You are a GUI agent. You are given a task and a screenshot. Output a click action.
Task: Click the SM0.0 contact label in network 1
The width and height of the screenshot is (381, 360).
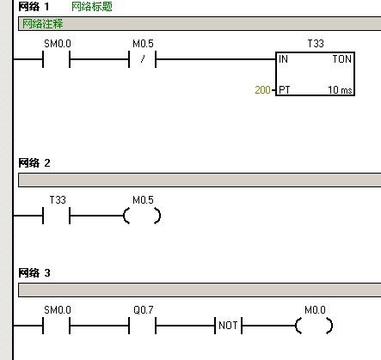pyautogui.click(x=58, y=44)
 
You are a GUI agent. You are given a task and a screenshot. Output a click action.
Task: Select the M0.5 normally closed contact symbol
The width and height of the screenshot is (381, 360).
pyautogui.click(x=143, y=59)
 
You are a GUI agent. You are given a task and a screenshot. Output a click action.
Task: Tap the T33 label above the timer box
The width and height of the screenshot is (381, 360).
pyautogui.click(x=316, y=44)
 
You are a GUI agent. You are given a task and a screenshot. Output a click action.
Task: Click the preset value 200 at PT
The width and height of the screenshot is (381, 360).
pyautogui.click(x=262, y=90)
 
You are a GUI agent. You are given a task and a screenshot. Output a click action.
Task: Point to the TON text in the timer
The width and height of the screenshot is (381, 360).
pyautogui.click(x=342, y=59)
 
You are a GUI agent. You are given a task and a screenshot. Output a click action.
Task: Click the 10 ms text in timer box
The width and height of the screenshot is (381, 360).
pyautogui.click(x=340, y=90)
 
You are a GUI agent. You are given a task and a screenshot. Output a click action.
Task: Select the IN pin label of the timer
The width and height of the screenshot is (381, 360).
pyautogui.click(x=283, y=59)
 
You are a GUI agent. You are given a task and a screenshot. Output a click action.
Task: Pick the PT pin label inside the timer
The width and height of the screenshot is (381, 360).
pyautogui.click(x=285, y=90)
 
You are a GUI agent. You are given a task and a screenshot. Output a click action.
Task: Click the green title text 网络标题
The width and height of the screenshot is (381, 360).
pyautogui.click(x=92, y=7)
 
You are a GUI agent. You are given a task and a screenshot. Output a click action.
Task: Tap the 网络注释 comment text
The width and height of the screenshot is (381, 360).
pyautogui.click(x=42, y=23)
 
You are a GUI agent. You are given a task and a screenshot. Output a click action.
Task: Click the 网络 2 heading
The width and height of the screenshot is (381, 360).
pyautogui.click(x=34, y=163)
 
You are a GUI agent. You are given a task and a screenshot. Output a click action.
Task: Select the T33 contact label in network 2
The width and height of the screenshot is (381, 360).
pyautogui.click(x=58, y=200)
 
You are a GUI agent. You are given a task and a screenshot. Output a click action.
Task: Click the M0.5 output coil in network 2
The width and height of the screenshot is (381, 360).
pyautogui.click(x=142, y=216)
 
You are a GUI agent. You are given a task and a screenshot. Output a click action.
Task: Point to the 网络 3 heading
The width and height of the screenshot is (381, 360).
pyautogui.click(x=34, y=273)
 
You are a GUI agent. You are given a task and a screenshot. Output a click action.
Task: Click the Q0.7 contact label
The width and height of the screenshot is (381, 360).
pyautogui.click(x=144, y=310)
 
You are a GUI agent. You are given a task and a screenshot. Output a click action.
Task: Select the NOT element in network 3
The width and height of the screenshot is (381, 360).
pyautogui.click(x=228, y=326)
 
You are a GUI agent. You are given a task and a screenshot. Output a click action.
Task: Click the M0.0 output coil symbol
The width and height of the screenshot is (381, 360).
pyautogui.click(x=314, y=326)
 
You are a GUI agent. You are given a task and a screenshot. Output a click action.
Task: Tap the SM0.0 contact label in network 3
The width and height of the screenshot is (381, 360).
pyautogui.click(x=58, y=310)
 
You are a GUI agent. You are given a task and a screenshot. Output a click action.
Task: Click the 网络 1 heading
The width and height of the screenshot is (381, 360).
pyautogui.click(x=34, y=7)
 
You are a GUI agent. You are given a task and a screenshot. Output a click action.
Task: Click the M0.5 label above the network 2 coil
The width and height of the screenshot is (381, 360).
pyautogui.click(x=143, y=200)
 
